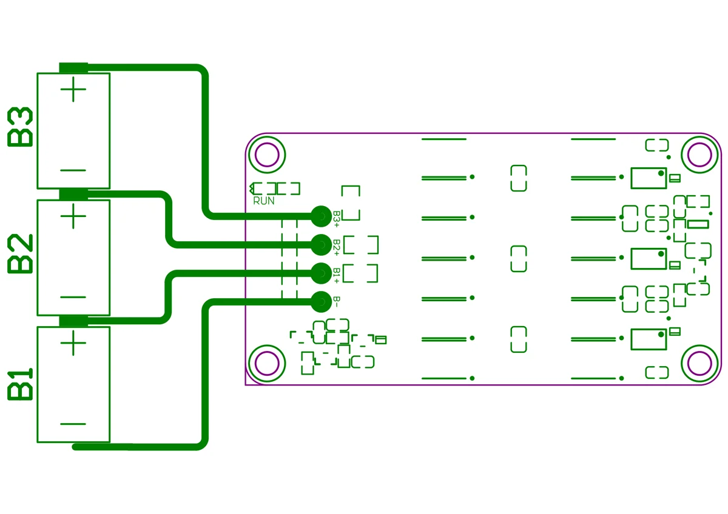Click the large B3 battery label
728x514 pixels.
[x=20, y=127]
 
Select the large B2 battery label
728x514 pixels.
[x=20, y=253]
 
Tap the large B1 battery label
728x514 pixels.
[x=20, y=384]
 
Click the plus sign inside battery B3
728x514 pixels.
[x=73, y=89]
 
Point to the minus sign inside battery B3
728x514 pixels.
[x=73, y=170]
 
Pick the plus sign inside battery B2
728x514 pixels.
[x=73, y=216]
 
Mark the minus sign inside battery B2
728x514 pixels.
[x=73, y=297]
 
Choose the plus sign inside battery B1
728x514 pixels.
[x=73, y=343]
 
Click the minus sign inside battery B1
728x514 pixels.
[x=73, y=424]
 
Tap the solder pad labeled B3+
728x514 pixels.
[x=322, y=216]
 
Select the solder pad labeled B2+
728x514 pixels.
[x=322, y=245]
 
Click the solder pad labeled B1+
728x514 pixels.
[x=322, y=273]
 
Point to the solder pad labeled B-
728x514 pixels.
[x=322, y=302]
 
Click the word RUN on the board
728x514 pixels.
[x=264, y=201]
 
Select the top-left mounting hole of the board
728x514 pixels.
[x=267, y=155]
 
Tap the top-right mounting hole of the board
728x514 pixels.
[x=699, y=155]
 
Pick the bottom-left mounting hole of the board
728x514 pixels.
[x=267, y=363]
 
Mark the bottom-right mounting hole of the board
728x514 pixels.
[x=699, y=363]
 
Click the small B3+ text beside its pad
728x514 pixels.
[x=337, y=219]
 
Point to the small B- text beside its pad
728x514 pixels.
[x=337, y=302]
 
